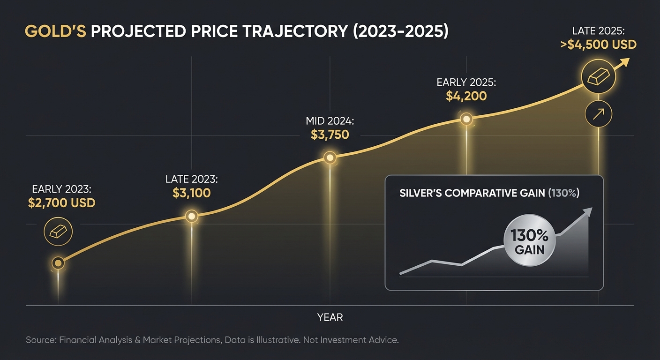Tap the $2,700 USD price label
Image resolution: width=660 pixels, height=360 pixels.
[61, 203]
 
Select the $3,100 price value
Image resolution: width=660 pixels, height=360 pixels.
[192, 193]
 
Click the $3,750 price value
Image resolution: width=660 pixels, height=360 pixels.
[330, 135]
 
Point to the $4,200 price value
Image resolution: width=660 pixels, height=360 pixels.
[466, 97]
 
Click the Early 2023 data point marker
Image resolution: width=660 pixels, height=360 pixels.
[58, 263]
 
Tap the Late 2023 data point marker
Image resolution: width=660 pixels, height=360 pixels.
[191, 216]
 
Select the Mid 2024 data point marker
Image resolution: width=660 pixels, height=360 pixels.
[330, 158]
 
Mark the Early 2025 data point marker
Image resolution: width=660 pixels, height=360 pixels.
[466, 119]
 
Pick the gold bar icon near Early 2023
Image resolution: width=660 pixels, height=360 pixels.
[58, 231]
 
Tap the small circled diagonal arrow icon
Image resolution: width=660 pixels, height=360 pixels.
[599, 114]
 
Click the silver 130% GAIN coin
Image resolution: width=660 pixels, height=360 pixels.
[529, 242]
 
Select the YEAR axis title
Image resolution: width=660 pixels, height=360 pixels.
[330, 317]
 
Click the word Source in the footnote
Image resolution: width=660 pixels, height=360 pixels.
[40, 340]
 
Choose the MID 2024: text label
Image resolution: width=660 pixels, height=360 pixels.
[330, 121]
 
